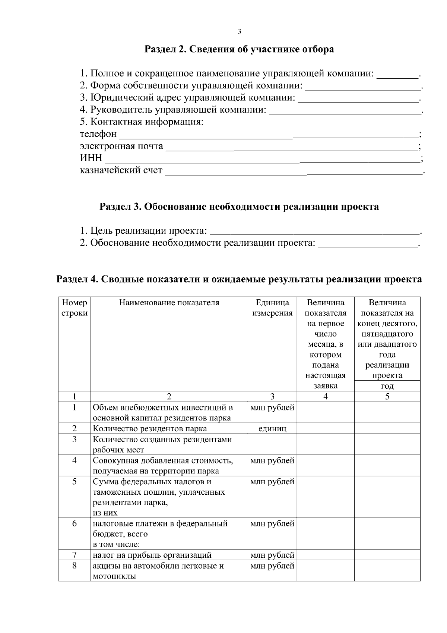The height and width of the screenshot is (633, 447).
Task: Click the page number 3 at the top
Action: [239, 32]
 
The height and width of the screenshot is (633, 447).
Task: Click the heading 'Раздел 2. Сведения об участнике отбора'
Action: [239, 49]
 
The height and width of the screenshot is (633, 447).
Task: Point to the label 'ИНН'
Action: [91, 158]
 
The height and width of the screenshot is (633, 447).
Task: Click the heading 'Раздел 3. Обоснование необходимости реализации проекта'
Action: [239, 207]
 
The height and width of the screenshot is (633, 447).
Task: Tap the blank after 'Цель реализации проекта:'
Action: [315, 232]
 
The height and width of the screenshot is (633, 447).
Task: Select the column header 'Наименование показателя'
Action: [169, 303]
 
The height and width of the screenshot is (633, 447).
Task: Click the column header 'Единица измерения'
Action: [272, 308]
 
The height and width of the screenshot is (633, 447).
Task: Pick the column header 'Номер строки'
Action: [74, 308]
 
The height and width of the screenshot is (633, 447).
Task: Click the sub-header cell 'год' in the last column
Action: [387, 386]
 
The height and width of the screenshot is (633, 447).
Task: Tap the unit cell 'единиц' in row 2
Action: [272, 429]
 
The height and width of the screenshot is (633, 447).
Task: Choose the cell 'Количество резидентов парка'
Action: [150, 429]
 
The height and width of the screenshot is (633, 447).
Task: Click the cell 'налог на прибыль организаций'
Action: [152, 555]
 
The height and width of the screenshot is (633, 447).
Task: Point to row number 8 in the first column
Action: [74, 566]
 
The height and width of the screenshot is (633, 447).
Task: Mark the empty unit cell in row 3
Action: [272, 444]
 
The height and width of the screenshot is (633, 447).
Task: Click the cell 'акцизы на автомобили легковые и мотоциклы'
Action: [158, 571]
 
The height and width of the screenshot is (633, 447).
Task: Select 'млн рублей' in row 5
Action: [272, 482]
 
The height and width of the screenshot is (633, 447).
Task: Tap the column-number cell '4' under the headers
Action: [326, 396]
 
